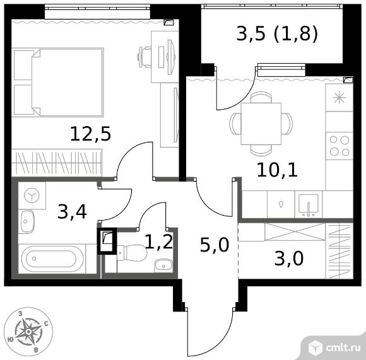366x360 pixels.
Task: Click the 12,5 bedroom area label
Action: coord(90,134)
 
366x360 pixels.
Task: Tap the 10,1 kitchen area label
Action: coord(277,170)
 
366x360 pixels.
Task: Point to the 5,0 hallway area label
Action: coord(215,245)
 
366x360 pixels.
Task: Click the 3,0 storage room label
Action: coord(289,258)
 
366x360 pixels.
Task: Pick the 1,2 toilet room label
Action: coord(159,241)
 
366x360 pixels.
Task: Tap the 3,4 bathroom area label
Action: coord(72,211)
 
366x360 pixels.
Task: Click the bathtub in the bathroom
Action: coord(52,258)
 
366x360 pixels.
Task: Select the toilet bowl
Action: coord(132,253)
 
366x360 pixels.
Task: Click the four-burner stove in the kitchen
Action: coord(339,146)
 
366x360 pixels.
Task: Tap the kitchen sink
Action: coord(309,205)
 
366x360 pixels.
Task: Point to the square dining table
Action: coord(261,124)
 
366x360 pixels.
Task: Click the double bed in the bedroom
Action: coord(57,82)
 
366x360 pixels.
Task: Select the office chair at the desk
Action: coord(145,57)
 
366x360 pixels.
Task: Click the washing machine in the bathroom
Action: coord(32,195)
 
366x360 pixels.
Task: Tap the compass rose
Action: coord(28,332)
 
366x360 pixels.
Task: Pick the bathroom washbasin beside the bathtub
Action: coord(27,221)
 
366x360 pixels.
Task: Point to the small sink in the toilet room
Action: coord(163,265)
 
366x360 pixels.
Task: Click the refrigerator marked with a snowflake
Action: coord(339,98)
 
